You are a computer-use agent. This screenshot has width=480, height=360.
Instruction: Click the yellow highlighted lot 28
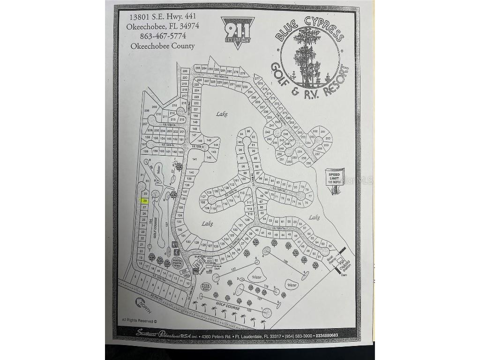145,201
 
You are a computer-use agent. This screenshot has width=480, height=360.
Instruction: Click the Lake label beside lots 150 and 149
222,114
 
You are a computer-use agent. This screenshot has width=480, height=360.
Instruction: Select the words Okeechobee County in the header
163,46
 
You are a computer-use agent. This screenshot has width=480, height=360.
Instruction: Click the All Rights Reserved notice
139,321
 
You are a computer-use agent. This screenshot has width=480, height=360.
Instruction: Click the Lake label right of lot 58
314,217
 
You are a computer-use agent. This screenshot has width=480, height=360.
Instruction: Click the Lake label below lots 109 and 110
208,224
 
